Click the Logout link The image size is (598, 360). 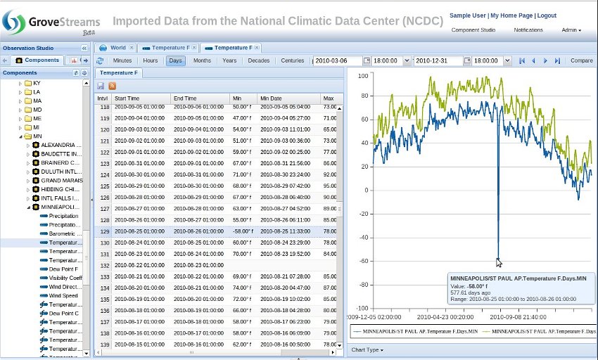tap(547, 15)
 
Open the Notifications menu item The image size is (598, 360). tap(528, 30)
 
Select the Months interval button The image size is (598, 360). tap(202, 60)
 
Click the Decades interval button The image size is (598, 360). tap(259, 60)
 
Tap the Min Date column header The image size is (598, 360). tap(271, 98)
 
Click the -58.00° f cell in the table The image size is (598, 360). tap(243, 231)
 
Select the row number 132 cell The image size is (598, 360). tap(104, 266)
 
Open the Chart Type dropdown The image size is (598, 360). tap(367, 349)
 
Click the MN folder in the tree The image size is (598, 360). tap(37, 136)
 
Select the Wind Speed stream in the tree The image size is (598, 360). tap(63, 296)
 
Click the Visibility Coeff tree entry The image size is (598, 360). tap(65, 278)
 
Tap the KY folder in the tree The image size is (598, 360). tap(37, 83)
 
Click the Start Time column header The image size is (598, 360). tap(127, 98)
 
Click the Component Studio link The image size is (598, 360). tap(473, 30)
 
